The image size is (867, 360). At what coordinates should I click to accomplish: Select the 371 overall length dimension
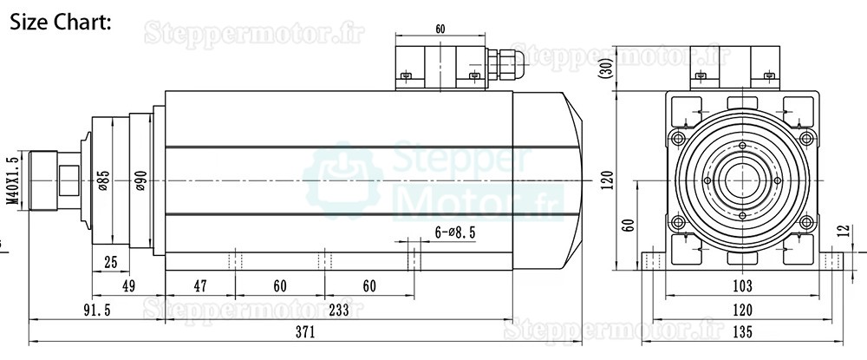(304, 332)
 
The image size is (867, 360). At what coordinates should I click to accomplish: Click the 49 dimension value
(128, 285)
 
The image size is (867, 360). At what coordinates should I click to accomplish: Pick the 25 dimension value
(110, 263)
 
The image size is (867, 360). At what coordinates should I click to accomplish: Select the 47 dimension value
(199, 285)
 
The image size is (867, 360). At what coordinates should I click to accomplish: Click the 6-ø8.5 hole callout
(454, 232)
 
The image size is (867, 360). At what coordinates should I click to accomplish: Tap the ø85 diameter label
(104, 180)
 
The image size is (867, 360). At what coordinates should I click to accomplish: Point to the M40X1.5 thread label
(11, 180)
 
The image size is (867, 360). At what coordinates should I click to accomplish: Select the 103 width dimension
(740, 285)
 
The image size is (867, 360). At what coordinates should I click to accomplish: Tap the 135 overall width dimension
(740, 332)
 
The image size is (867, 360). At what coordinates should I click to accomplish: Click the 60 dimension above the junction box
(440, 29)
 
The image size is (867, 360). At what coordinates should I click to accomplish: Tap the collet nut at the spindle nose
(48, 180)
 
